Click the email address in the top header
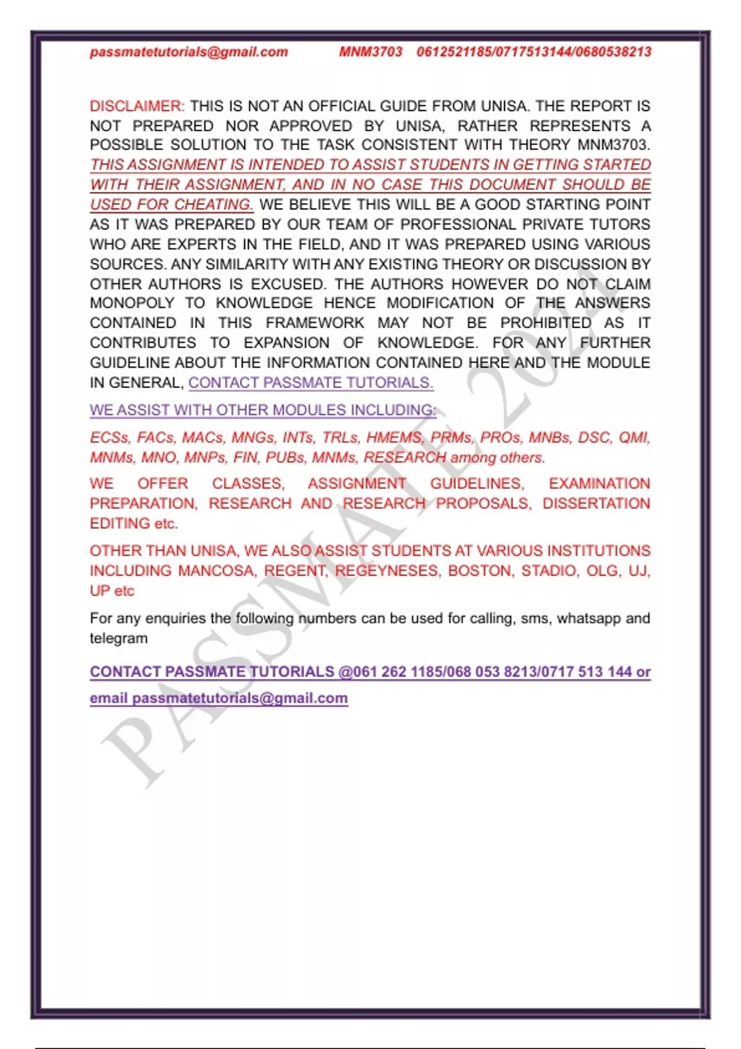click(x=188, y=52)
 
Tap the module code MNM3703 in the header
click(x=371, y=52)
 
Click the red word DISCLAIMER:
click(x=137, y=106)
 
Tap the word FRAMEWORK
click(x=315, y=323)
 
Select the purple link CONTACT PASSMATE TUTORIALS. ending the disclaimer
click(x=311, y=383)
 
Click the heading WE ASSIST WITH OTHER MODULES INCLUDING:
click(x=262, y=410)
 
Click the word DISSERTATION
click(x=596, y=504)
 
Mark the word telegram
click(x=119, y=639)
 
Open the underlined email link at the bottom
click(x=219, y=699)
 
